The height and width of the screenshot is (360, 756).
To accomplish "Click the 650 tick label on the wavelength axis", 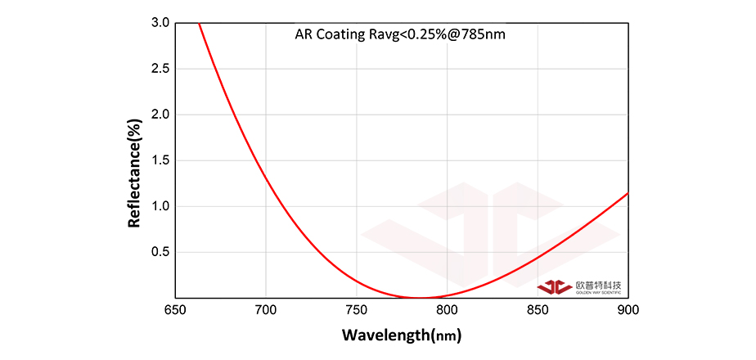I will [x=174, y=311].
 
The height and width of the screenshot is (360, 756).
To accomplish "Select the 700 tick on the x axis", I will [x=265, y=311].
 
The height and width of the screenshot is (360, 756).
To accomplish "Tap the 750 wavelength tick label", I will [x=356, y=311].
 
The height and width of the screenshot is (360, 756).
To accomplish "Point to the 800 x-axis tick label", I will [x=447, y=311].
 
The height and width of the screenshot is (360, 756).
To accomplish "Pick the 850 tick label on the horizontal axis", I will [x=538, y=311].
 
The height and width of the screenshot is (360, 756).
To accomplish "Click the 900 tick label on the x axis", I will [x=628, y=311].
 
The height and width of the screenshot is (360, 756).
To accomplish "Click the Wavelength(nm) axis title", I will [x=401, y=335].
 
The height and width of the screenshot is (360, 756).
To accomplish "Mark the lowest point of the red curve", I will [x=420, y=298].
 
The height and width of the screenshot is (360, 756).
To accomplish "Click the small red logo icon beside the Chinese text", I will [x=555, y=287].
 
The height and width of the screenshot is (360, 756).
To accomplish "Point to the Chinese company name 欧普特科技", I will [x=598, y=285].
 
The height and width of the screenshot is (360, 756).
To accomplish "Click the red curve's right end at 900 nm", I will [x=628, y=193].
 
